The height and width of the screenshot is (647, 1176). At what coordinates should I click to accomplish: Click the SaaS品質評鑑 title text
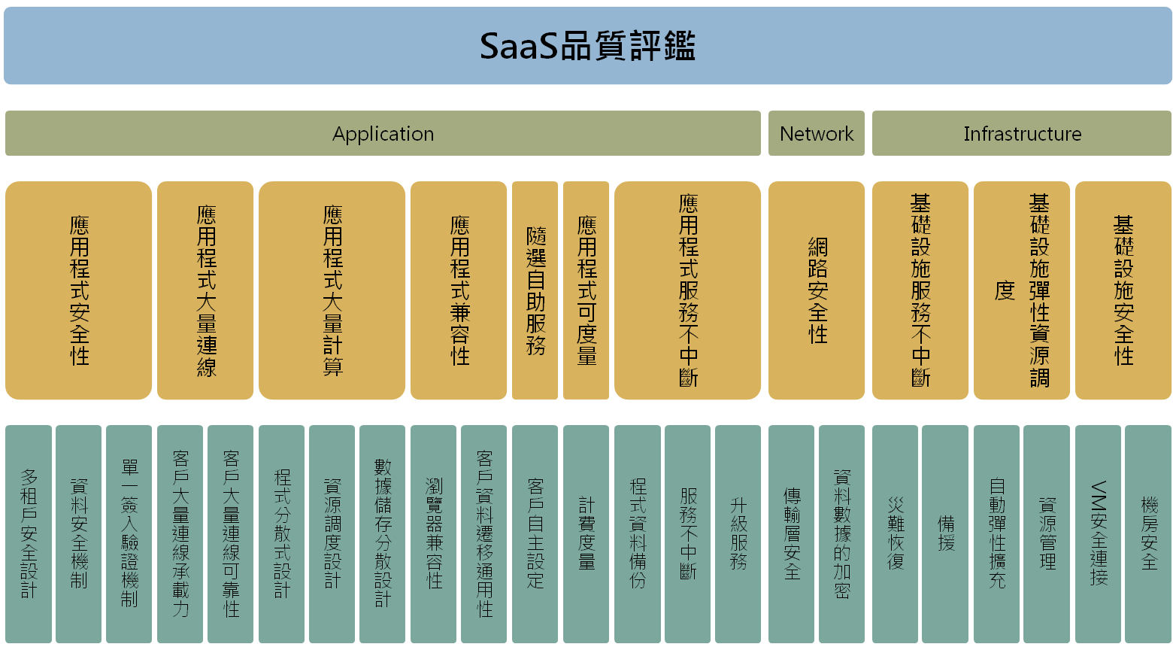587,46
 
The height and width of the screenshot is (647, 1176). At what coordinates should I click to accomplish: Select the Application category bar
383,133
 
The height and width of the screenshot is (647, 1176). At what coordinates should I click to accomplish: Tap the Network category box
817,133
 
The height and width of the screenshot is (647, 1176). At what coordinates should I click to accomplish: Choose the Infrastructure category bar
1022,133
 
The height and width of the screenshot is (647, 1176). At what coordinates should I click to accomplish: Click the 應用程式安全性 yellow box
79,290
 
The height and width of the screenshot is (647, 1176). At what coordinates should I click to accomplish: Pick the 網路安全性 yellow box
817,290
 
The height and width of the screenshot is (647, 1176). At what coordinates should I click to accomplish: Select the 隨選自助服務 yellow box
535,290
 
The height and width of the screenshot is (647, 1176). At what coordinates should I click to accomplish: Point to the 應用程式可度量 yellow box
586,290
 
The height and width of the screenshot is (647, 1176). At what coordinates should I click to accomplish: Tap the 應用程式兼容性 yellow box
459,290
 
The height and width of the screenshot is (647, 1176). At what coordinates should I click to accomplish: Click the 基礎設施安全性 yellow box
1123,290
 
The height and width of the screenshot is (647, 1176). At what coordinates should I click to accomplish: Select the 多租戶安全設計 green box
29,534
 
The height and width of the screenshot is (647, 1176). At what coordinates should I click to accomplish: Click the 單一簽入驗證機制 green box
129,534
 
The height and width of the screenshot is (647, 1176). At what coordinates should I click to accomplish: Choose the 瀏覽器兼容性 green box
433,534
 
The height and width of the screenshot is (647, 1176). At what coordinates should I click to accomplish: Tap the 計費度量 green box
586,534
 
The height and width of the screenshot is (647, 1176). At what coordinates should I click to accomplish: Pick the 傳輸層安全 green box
791,534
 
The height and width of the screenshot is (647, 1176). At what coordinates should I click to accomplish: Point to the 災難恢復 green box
895,534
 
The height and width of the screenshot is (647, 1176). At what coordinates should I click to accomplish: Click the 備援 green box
945,534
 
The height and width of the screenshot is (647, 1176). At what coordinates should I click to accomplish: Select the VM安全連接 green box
1098,534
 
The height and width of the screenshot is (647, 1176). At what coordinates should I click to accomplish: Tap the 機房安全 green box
1148,534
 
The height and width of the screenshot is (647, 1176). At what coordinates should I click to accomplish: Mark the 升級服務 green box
738,534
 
